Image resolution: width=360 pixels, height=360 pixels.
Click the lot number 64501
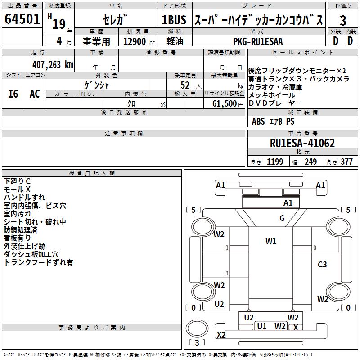tap(22, 19)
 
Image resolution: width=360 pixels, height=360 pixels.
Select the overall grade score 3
tap(343, 20)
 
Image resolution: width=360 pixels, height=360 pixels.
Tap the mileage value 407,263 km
tap(53, 65)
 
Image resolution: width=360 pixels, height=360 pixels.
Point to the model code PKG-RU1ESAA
tap(258, 41)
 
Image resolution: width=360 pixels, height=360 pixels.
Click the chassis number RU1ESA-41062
tap(302, 143)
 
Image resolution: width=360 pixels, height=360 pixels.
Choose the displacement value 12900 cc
tap(139, 41)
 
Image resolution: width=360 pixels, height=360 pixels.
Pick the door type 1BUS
tap(174, 20)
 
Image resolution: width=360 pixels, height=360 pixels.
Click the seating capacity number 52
tap(185, 85)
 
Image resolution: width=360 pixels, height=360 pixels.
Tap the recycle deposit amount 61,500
tap(225, 104)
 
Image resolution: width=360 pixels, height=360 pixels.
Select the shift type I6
tap(13, 94)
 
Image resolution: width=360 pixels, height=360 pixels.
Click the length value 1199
tap(275, 162)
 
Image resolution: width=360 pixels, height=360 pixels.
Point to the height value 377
tap(346, 162)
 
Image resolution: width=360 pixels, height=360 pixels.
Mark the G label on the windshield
tap(282, 218)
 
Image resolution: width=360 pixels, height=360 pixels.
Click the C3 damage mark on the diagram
tap(322, 265)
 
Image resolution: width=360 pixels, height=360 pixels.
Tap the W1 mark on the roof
tap(271, 241)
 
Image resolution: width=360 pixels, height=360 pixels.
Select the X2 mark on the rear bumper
tap(221, 335)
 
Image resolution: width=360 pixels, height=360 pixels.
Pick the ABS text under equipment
tap(258, 121)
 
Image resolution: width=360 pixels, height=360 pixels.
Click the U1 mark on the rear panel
tap(262, 326)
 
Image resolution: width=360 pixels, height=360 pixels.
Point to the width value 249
tap(310, 162)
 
